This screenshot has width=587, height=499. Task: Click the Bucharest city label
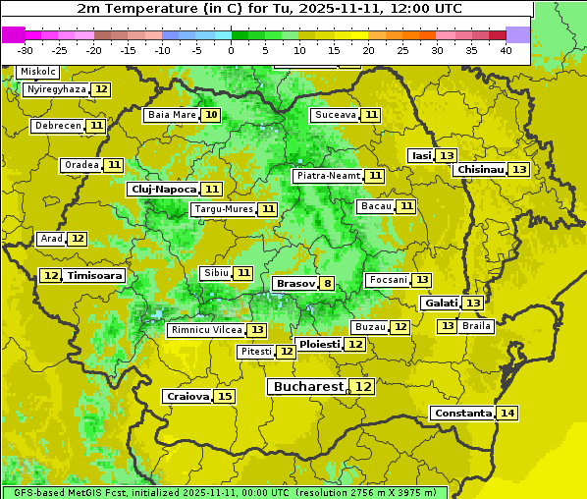[309, 387]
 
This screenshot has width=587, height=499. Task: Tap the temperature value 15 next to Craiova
[225, 397]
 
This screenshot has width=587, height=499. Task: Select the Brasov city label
[295, 284]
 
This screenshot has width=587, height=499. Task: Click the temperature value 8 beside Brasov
[327, 284]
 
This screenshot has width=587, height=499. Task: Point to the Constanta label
[461, 414]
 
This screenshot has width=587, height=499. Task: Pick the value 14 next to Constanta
[507, 414]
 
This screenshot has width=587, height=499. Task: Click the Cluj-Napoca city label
[163, 189]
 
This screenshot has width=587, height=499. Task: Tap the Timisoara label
[94, 276]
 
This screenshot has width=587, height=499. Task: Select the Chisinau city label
[480, 169]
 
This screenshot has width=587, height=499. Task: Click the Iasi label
[421, 155]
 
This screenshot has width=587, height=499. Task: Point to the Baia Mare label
[172, 115]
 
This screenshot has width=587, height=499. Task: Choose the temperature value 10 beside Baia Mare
[211, 115]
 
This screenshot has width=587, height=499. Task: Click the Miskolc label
[38, 72]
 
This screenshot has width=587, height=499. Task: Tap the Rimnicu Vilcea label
[204, 330]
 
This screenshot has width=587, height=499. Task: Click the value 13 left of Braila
[447, 326]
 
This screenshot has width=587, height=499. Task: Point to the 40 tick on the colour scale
[505, 50]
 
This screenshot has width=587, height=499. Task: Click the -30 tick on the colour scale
[27, 50]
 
